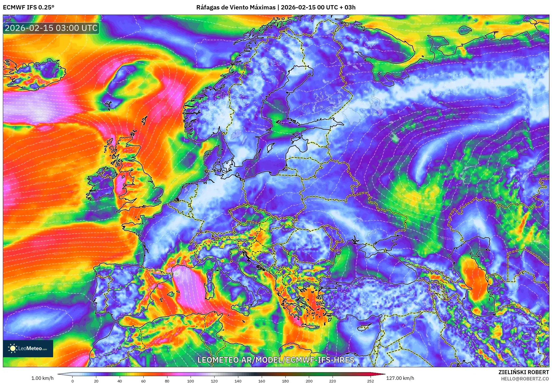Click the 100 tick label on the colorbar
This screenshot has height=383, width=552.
click(191, 381)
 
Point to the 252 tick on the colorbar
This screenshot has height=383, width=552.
click(371, 381)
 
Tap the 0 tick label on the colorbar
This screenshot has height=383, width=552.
click(73, 381)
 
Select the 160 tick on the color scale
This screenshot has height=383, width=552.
click(261, 381)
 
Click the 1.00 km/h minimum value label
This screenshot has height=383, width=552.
click(42, 378)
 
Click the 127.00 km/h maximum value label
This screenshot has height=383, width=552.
click(400, 378)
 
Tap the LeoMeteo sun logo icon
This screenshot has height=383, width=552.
click(13, 348)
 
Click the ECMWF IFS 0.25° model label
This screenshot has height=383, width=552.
click(29, 7)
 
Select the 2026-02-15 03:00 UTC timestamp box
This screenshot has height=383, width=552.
click(51, 28)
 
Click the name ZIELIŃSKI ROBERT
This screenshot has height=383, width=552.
click(524, 372)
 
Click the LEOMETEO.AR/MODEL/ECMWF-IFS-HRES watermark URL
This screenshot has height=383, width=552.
click(276, 360)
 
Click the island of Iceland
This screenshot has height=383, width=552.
click(34, 73)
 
